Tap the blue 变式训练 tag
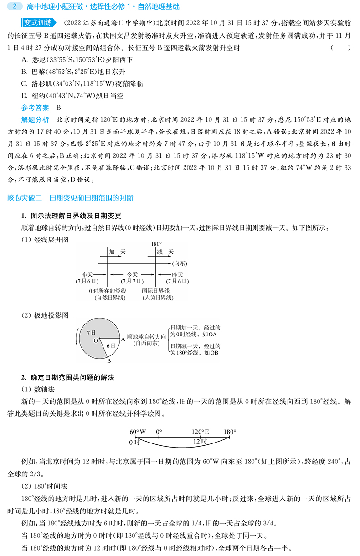click(39, 23)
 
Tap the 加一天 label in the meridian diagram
click(117, 252)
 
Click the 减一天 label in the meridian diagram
click(165, 252)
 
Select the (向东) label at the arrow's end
click(180, 263)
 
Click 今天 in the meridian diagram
click(132, 274)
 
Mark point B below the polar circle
click(109, 361)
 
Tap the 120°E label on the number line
click(200, 432)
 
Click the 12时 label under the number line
click(200, 442)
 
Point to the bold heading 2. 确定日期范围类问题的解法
click(67, 377)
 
